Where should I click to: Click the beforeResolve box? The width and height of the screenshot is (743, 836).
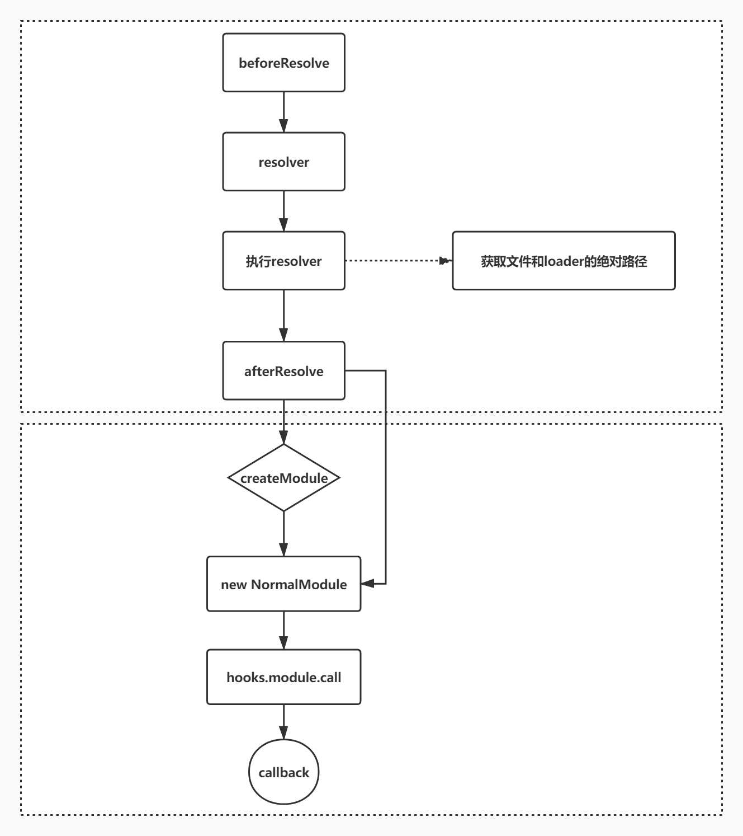pyautogui.click(x=283, y=63)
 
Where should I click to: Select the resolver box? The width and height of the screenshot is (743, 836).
pyautogui.click(x=283, y=162)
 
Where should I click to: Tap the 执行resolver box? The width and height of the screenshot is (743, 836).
pyautogui.click(x=283, y=261)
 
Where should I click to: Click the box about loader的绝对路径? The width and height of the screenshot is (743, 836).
pyautogui.click(x=564, y=261)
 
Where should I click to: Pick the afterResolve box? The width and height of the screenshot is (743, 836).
pyautogui.click(x=283, y=371)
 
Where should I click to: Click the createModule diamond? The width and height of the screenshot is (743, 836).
pyautogui.click(x=283, y=478)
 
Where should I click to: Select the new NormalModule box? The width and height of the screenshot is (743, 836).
pyautogui.click(x=283, y=584)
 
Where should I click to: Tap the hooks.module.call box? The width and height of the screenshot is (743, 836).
pyautogui.click(x=283, y=677)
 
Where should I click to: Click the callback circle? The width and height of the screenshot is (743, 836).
pyautogui.click(x=283, y=772)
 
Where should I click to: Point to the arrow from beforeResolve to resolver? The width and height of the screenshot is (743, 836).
pyautogui.click(x=283, y=112)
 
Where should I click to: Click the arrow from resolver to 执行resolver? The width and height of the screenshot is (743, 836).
pyautogui.click(x=283, y=211)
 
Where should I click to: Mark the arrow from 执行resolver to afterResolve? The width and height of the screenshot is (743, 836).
pyautogui.click(x=283, y=316)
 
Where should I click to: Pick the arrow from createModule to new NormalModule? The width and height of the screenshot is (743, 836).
pyautogui.click(x=283, y=534)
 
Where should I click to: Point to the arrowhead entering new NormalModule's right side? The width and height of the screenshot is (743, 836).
pyautogui.click(x=367, y=584)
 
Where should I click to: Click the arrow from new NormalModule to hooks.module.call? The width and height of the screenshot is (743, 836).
pyautogui.click(x=283, y=631)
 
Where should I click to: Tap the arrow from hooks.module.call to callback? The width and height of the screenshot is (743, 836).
pyautogui.click(x=283, y=722)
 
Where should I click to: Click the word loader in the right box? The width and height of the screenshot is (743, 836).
pyautogui.click(x=564, y=261)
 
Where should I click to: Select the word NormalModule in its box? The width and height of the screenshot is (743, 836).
pyautogui.click(x=299, y=585)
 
